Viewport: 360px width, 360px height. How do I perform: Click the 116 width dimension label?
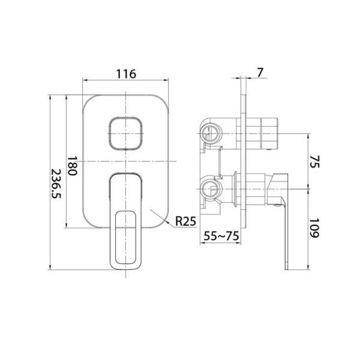point(125,74)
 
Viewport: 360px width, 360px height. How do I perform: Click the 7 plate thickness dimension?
point(259,72)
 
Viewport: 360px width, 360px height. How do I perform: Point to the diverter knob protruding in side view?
point(261,132)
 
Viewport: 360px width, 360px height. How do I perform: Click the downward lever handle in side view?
point(283,222)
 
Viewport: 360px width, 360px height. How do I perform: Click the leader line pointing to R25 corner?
point(165,216)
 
